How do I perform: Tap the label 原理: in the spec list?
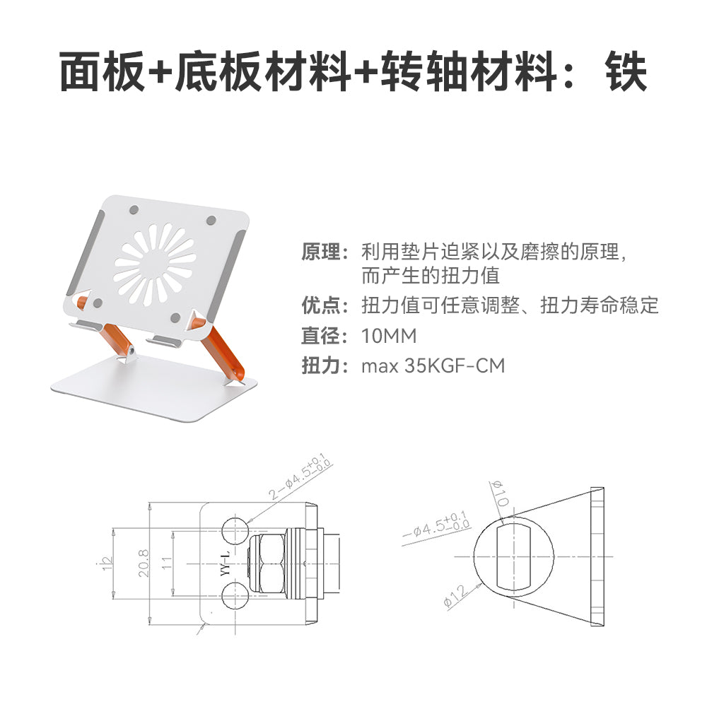[325, 252]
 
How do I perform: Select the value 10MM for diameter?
[389, 336]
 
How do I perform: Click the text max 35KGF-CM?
[433, 366]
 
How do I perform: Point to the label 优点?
[325, 305]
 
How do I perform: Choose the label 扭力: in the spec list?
[325, 366]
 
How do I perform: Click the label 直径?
[325, 336]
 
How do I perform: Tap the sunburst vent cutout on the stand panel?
[155, 264]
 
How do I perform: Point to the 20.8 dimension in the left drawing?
[144, 563]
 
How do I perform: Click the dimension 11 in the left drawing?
[167, 563]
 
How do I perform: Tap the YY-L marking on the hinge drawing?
[226, 563]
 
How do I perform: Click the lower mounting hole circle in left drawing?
[236, 595]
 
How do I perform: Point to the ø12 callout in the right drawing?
[455, 595]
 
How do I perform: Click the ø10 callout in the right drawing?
[500, 493]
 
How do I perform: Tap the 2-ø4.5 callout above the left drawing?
[300, 476]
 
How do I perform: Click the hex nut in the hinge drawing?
[267, 563]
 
